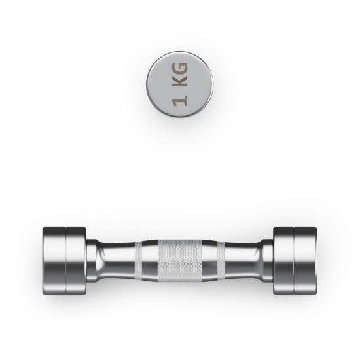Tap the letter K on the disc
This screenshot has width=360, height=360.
tap(181, 81)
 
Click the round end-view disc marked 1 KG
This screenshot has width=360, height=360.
tap(179, 84)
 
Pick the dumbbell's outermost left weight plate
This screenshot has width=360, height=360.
tap(54, 261)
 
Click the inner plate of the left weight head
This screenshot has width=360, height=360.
tap(76, 261)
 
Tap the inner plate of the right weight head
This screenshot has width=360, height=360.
tap(283, 261)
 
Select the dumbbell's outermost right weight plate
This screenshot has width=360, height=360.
tap(306, 261)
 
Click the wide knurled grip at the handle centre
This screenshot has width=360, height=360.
tap(180, 261)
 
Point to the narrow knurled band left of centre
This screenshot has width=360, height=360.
tap(138, 261)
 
